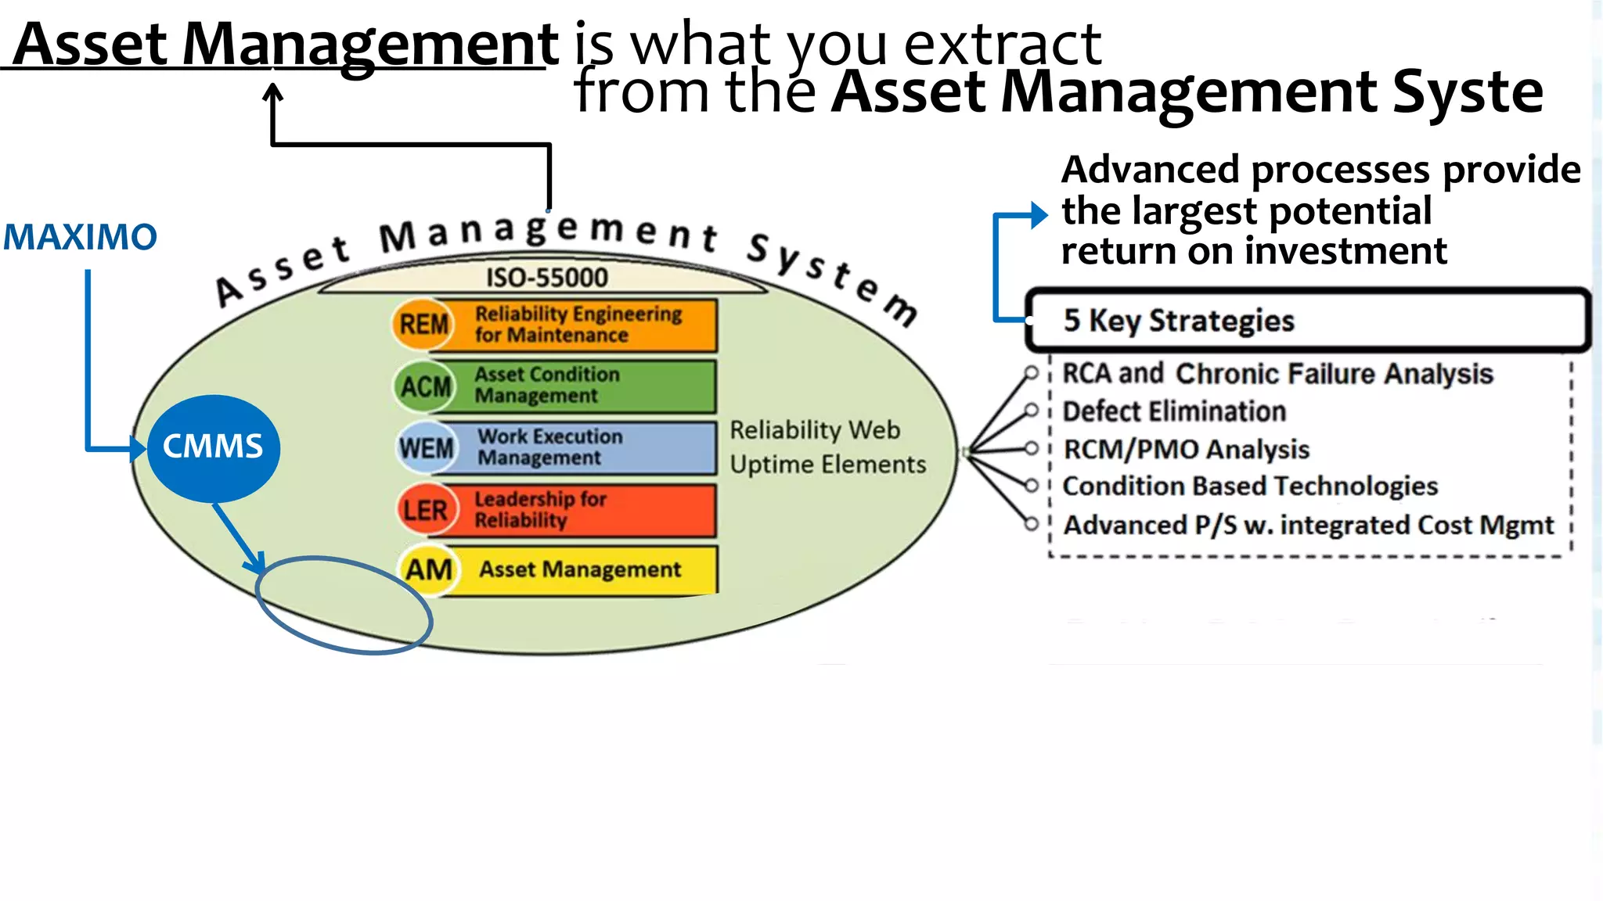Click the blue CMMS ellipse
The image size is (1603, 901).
tap(213, 447)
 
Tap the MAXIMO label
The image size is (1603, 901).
tap(80, 237)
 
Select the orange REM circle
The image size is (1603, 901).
tap(423, 324)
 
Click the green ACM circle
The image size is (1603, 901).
tap(425, 386)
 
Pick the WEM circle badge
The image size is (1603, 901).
tap(426, 448)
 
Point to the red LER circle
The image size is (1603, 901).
tap(424, 510)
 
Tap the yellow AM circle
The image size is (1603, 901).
tap(428, 569)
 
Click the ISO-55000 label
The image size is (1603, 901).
tap(546, 278)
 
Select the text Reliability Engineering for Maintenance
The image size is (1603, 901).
tap(578, 324)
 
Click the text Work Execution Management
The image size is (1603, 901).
tap(550, 447)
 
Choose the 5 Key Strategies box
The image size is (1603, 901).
tap(1307, 321)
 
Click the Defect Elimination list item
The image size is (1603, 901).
tap(1174, 411)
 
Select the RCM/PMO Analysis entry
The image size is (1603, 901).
tap(1186, 450)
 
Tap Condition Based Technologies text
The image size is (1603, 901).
tap(1250, 486)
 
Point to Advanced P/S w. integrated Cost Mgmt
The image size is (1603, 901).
tap(1308, 525)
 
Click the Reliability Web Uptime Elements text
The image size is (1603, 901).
tap(827, 447)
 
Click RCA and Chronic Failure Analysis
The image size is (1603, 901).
tap(1277, 374)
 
